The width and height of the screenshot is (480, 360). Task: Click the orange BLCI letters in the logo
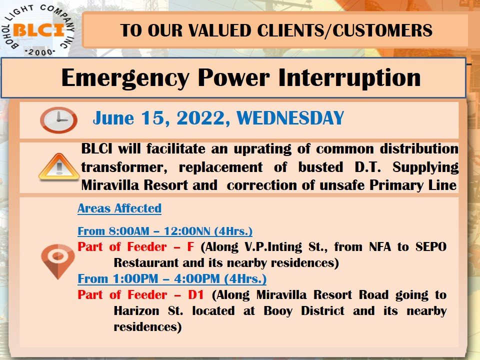click(38, 30)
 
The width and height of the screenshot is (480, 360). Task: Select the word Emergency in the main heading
click(125, 78)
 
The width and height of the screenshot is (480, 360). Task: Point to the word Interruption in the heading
click(349, 78)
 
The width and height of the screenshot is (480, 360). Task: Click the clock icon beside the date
click(58, 119)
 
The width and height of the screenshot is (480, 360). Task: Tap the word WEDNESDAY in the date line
click(290, 118)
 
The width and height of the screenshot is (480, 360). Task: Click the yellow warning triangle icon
click(59, 166)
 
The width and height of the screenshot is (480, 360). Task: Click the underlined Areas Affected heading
click(119, 208)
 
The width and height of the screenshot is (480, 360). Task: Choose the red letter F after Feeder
click(190, 246)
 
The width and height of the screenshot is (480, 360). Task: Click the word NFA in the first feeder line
click(380, 246)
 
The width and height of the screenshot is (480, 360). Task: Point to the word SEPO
click(431, 246)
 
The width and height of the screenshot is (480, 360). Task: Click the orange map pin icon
click(58, 261)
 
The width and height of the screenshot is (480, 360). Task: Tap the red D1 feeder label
click(196, 295)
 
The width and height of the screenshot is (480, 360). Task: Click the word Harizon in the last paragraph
click(136, 311)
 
